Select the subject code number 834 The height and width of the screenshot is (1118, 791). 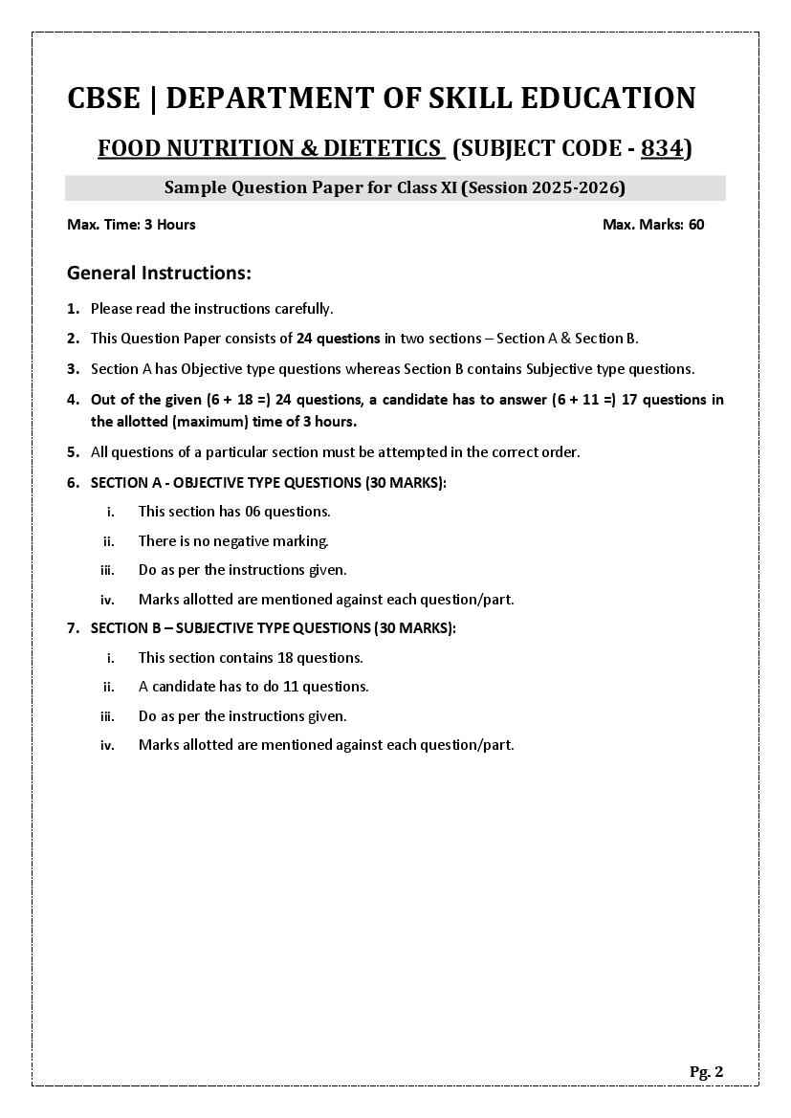click(x=662, y=148)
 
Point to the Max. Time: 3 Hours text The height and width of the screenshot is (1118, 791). click(x=131, y=225)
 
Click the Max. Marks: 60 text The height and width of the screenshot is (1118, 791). click(x=653, y=225)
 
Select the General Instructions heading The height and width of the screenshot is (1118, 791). click(x=159, y=274)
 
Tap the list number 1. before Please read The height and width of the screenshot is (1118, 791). click(x=73, y=309)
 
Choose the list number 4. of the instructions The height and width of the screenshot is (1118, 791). click(x=73, y=400)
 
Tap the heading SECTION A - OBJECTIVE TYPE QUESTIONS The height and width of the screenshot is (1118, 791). click(x=268, y=483)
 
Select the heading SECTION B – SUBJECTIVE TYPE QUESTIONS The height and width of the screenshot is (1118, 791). click(x=273, y=628)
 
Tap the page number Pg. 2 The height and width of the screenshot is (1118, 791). click(x=706, y=1072)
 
